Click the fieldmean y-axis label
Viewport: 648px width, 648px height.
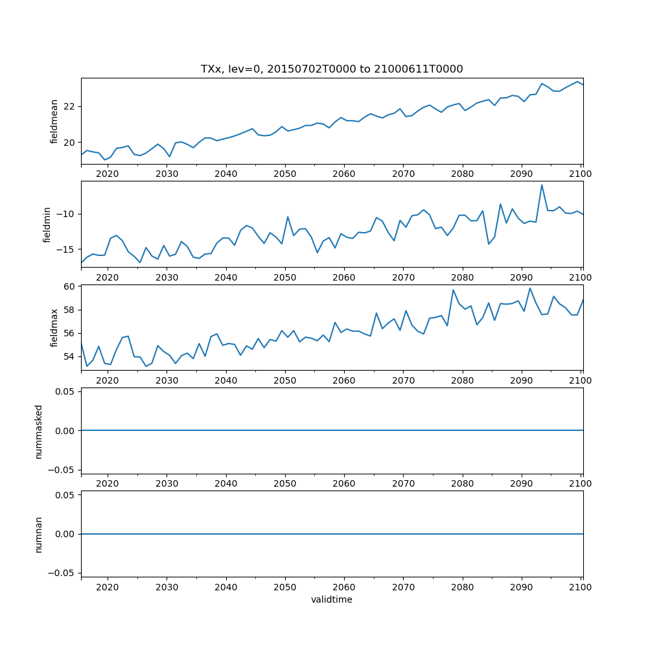(54, 121)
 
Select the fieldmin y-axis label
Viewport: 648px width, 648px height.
(47, 224)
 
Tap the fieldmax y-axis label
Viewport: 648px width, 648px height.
(54, 327)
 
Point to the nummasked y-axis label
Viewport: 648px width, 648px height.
(39, 430)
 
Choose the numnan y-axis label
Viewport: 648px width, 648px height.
(39, 534)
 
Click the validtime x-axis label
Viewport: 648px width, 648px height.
(332, 599)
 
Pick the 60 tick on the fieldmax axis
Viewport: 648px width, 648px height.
(69, 286)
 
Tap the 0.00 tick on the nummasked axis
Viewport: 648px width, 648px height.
(65, 430)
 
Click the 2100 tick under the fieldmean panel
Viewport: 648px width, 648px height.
(581, 174)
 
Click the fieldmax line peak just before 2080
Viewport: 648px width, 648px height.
(453, 290)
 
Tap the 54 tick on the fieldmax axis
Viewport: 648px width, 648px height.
(69, 356)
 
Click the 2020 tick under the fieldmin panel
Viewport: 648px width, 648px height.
(107, 277)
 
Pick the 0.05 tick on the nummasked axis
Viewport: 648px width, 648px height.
(65, 391)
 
